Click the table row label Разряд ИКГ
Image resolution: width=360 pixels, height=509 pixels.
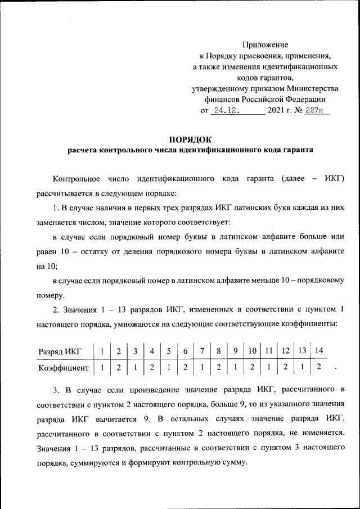pos(59,352)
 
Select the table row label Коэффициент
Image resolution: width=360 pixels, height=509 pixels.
pos(63,368)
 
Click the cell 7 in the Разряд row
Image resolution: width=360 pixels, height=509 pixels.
pos(202,352)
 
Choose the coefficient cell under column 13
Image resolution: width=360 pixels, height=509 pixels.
pos(303,368)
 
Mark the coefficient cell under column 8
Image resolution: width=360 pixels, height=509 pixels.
pos(218,368)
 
